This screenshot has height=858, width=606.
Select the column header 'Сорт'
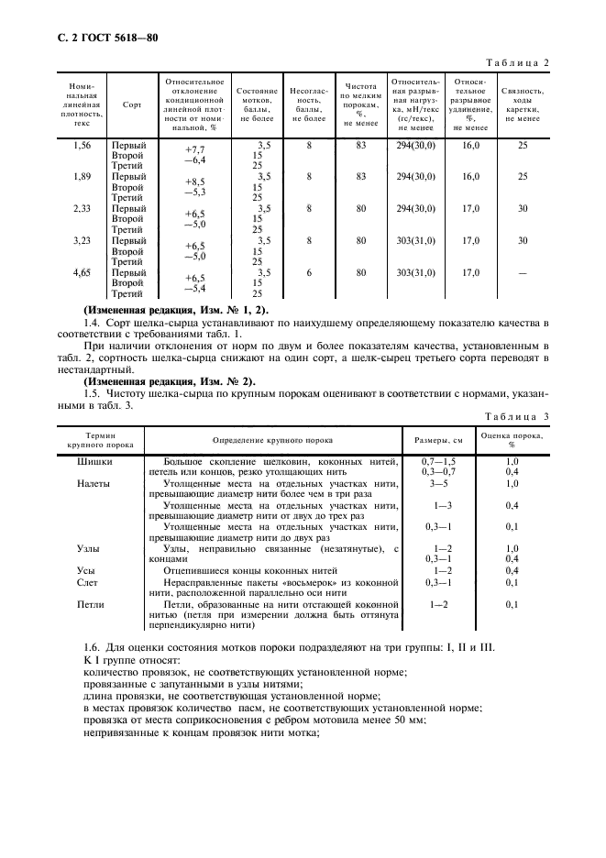(x=132, y=104)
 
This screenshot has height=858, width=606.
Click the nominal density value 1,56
(x=82, y=145)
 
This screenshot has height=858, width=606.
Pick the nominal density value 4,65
(x=82, y=273)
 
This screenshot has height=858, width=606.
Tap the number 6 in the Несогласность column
(x=310, y=273)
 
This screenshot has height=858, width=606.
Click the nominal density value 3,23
(x=82, y=241)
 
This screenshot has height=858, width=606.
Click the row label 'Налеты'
(x=94, y=482)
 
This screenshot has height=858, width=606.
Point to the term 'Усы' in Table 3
(x=87, y=570)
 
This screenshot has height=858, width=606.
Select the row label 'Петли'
(x=92, y=605)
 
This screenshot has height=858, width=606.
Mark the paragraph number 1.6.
(x=93, y=649)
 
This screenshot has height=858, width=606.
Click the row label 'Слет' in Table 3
(x=89, y=583)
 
